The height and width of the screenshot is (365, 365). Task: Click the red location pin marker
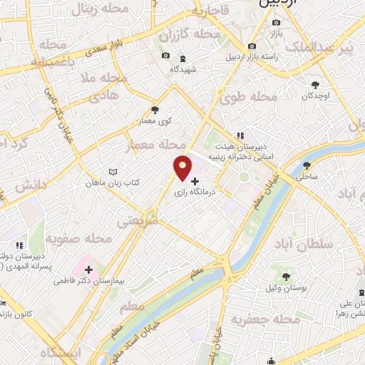(x=183, y=167)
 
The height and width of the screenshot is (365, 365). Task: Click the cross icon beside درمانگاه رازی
(x=195, y=181)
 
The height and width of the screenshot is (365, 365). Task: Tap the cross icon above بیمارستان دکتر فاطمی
(x=88, y=269)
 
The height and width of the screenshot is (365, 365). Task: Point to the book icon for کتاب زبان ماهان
(x=112, y=172)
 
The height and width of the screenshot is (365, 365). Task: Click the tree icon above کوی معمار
(x=155, y=110)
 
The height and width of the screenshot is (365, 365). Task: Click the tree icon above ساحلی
(x=307, y=165)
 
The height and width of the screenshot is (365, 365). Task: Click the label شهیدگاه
(x=182, y=70)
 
